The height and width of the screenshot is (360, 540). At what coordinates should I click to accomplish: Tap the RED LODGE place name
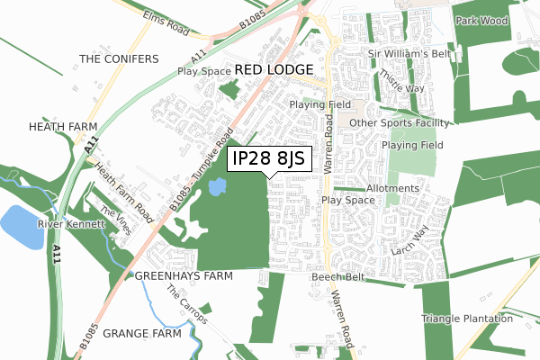click(x=274, y=69)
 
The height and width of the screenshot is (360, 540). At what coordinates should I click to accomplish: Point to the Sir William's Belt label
click(x=407, y=54)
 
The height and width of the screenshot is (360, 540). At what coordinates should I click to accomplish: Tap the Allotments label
click(x=392, y=188)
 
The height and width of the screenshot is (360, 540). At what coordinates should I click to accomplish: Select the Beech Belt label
click(x=338, y=277)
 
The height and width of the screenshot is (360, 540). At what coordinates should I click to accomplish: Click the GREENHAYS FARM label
click(x=184, y=275)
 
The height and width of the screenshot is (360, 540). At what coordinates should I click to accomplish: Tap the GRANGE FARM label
click(x=142, y=333)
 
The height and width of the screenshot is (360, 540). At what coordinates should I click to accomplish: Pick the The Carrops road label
click(x=188, y=306)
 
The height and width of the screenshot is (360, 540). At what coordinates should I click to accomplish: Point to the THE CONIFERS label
click(x=118, y=59)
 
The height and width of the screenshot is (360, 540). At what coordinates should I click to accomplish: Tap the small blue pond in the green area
click(x=217, y=187)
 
